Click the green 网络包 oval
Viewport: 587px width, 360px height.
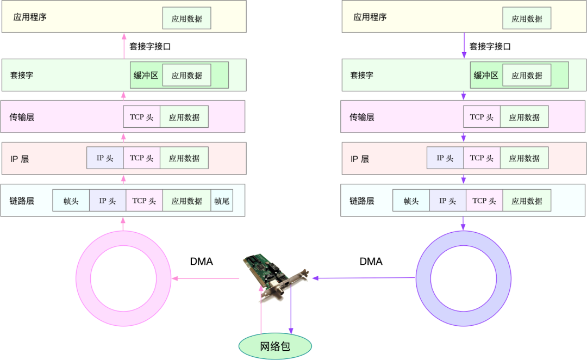276,346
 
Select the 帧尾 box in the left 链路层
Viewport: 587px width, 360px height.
222,201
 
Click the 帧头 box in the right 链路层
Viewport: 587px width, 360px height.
411,201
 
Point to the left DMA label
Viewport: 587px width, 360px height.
201,262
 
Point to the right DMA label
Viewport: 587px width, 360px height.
371,262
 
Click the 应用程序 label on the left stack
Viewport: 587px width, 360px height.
30,17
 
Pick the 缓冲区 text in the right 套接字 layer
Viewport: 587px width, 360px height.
486,75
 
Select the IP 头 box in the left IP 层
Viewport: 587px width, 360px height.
105,158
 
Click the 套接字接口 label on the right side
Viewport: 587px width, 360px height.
490,46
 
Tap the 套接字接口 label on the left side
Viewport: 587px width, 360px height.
149,46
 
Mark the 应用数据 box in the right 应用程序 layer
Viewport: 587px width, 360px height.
527,18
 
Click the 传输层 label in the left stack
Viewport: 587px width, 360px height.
22,117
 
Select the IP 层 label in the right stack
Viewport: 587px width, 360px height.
359,159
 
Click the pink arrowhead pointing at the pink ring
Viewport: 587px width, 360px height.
174,279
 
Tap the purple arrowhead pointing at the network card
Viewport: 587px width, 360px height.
315,278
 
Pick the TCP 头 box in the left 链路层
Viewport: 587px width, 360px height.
144,201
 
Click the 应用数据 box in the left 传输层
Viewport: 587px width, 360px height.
184,117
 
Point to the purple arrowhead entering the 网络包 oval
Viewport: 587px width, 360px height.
291,330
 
